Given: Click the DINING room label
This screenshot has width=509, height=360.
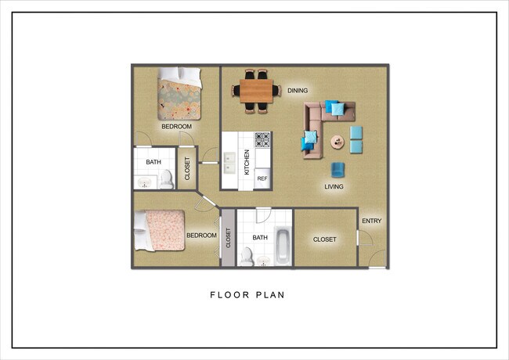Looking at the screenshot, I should (297, 91).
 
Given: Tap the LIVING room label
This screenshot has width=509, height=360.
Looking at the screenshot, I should (336, 187).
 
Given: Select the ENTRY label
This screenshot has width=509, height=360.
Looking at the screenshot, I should (372, 221).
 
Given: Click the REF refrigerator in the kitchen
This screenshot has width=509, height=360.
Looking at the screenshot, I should (262, 179).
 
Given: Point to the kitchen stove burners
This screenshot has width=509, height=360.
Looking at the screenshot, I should (262, 140).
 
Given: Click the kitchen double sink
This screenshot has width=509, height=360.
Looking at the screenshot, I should (230, 163).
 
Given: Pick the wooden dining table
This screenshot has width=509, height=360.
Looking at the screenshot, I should (256, 90).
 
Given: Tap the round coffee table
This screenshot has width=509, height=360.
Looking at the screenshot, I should (338, 142).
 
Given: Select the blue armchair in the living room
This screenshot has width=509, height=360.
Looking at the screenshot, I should (338, 169).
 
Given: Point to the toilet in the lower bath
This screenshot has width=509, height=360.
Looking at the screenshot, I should (247, 255).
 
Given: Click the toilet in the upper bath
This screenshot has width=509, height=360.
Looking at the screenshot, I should (166, 179).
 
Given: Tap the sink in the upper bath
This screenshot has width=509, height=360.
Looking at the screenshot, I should (145, 182).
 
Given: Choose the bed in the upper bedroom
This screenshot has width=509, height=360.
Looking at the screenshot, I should (179, 95).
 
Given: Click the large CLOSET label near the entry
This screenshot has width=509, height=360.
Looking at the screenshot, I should (325, 239).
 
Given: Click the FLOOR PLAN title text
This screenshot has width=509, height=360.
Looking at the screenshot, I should (246, 296).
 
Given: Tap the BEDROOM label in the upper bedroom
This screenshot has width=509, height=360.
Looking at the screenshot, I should (176, 126).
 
